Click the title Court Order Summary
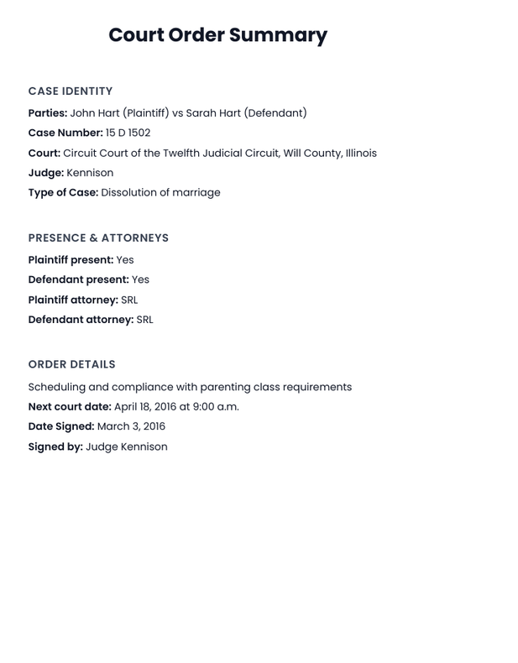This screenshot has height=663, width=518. (217, 35)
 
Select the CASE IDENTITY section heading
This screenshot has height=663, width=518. (71, 91)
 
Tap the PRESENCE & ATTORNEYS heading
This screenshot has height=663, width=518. (98, 238)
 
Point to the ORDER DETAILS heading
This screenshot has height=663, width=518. (71, 365)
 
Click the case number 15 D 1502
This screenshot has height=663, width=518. (128, 133)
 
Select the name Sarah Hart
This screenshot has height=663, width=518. (213, 113)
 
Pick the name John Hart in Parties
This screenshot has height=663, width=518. (95, 113)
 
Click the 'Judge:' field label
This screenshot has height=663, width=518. (45, 173)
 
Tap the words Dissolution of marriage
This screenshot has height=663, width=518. (160, 193)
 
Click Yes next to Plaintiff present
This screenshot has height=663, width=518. (125, 260)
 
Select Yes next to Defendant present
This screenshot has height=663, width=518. (140, 280)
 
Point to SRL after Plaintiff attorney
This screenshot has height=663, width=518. (129, 300)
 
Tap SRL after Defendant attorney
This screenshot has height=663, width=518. (144, 320)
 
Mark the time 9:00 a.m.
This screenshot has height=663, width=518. (216, 407)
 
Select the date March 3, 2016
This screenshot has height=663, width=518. (131, 426)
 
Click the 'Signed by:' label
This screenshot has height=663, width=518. (55, 447)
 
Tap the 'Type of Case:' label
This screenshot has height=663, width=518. (63, 193)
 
